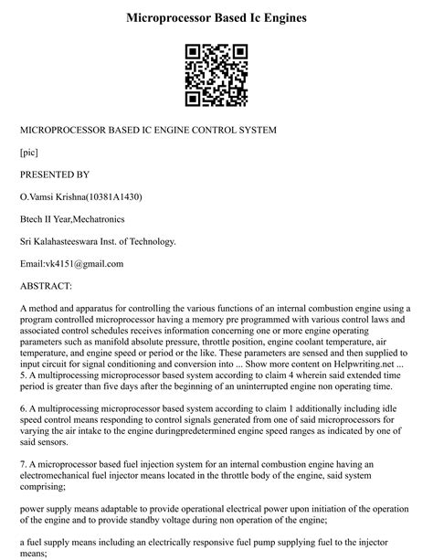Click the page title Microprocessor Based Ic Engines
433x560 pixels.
(x=216, y=17)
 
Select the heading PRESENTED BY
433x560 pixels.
(x=55, y=174)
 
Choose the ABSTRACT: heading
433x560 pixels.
(x=52, y=286)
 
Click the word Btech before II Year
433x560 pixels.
(x=33, y=219)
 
